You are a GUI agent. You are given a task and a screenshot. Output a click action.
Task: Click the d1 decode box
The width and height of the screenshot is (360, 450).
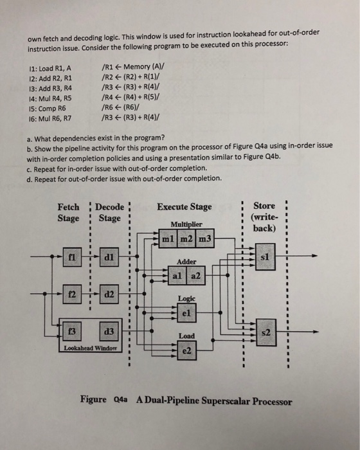pyautogui.click(x=109, y=257)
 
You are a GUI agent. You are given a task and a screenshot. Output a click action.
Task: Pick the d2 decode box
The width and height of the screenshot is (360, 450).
pyautogui.click(x=109, y=294)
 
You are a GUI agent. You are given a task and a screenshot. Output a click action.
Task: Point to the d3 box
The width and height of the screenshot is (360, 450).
pyautogui.click(x=109, y=332)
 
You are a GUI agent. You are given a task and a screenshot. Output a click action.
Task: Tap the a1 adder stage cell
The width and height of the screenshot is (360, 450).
pyautogui.click(x=178, y=276)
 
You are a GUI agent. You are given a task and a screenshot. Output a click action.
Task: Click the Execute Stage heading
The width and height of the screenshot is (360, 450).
pyautogui.click(x=184, y=207)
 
